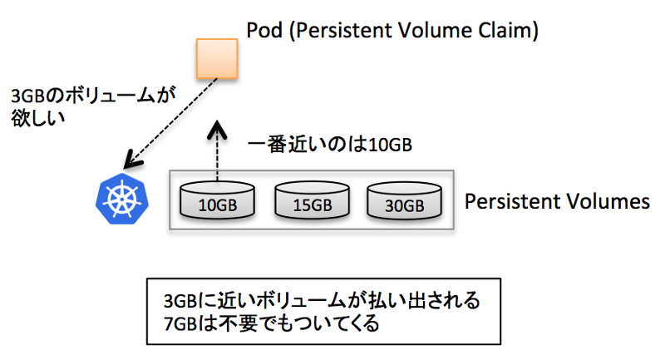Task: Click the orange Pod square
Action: pos(217,58)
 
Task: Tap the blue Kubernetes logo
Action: pos(122,199)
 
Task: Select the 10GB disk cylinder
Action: pos(217,200)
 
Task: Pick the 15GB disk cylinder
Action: pos(313,200)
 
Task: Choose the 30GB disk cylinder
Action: pos(404,201)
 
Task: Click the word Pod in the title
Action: pos(264,31)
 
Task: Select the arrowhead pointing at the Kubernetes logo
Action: pos(132,160)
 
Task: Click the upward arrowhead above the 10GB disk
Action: pos(217,130)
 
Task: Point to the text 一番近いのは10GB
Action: pos(329,145)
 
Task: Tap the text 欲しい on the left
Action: pos(37,118)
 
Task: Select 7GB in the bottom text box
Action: pos(180,324)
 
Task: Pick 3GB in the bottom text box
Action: pos(180,301)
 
